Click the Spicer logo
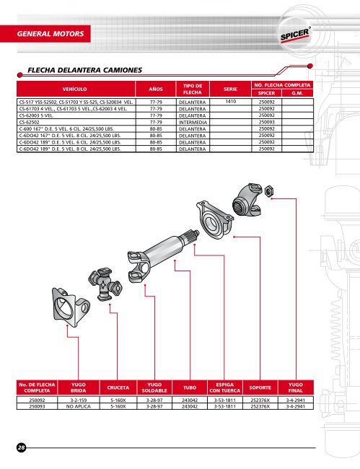[x=295, y=35]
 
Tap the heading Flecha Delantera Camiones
[x=84, y=70]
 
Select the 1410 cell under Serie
[x=231, y=102]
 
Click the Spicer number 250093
[x=266, y=122]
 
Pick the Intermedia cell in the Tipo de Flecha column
[x=193, y=123]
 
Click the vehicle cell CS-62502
[x=29, y=123]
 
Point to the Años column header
[x=156, y=89]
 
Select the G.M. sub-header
[x=297, y=93]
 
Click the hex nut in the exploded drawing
[x=269, y=191]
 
